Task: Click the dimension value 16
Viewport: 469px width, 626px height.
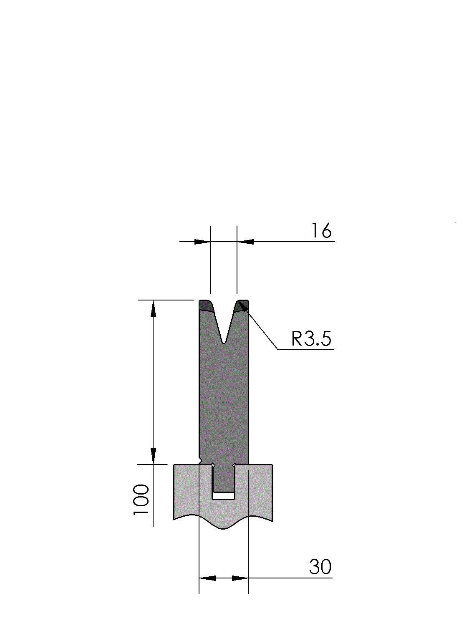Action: pyautogui.click(x=321, y=231)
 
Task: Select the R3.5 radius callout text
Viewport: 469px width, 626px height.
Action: pyautogui.click(x=311, y=339)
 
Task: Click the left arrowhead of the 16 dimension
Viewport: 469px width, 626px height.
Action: pyautogui.click(x=202, y=242)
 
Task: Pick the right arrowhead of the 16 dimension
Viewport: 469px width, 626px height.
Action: pyautogui.click(x=245, y=242)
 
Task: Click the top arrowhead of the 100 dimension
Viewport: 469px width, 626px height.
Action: pyautogui.click(x=154, y=308)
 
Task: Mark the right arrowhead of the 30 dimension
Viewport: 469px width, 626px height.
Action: pyautogui.click(x=240, y=578)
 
